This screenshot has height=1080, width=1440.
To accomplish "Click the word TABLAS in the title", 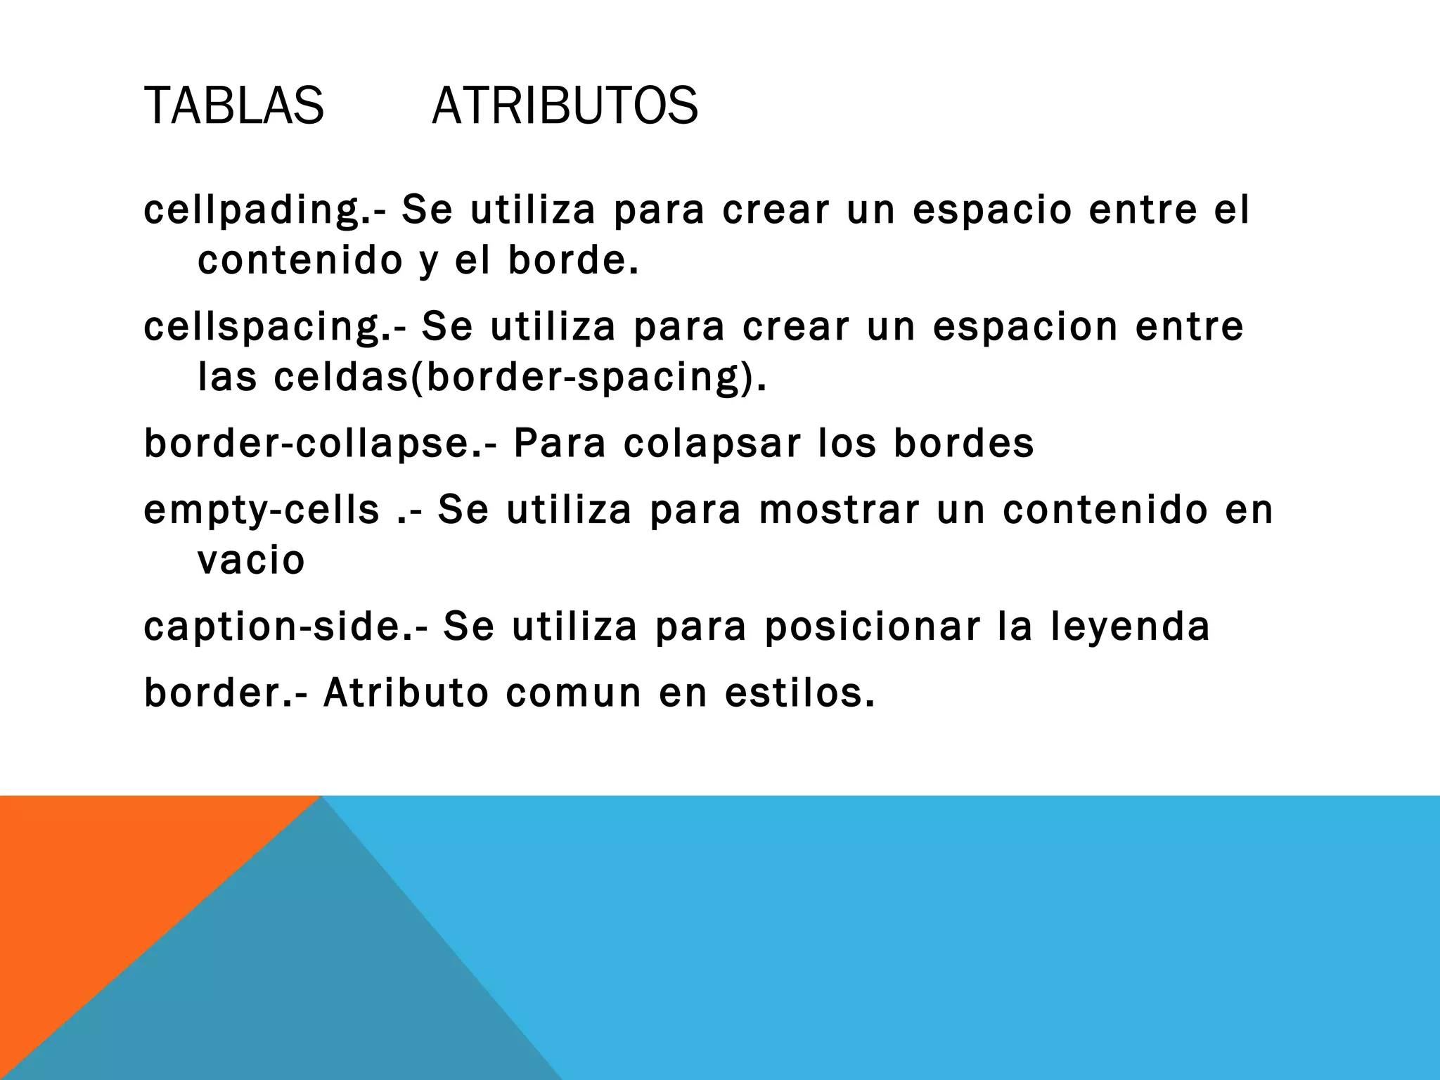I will click(233, 106).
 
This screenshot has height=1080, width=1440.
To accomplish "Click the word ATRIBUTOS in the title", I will click(565, 106).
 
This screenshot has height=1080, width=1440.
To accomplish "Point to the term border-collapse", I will click(308, 444).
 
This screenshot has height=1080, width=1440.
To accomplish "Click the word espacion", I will click(1025, 327).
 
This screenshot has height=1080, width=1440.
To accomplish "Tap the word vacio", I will click(251, 560).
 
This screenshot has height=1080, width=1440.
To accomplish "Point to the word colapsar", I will click(712, 444).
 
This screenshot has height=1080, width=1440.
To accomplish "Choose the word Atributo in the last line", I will click(406, 693).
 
